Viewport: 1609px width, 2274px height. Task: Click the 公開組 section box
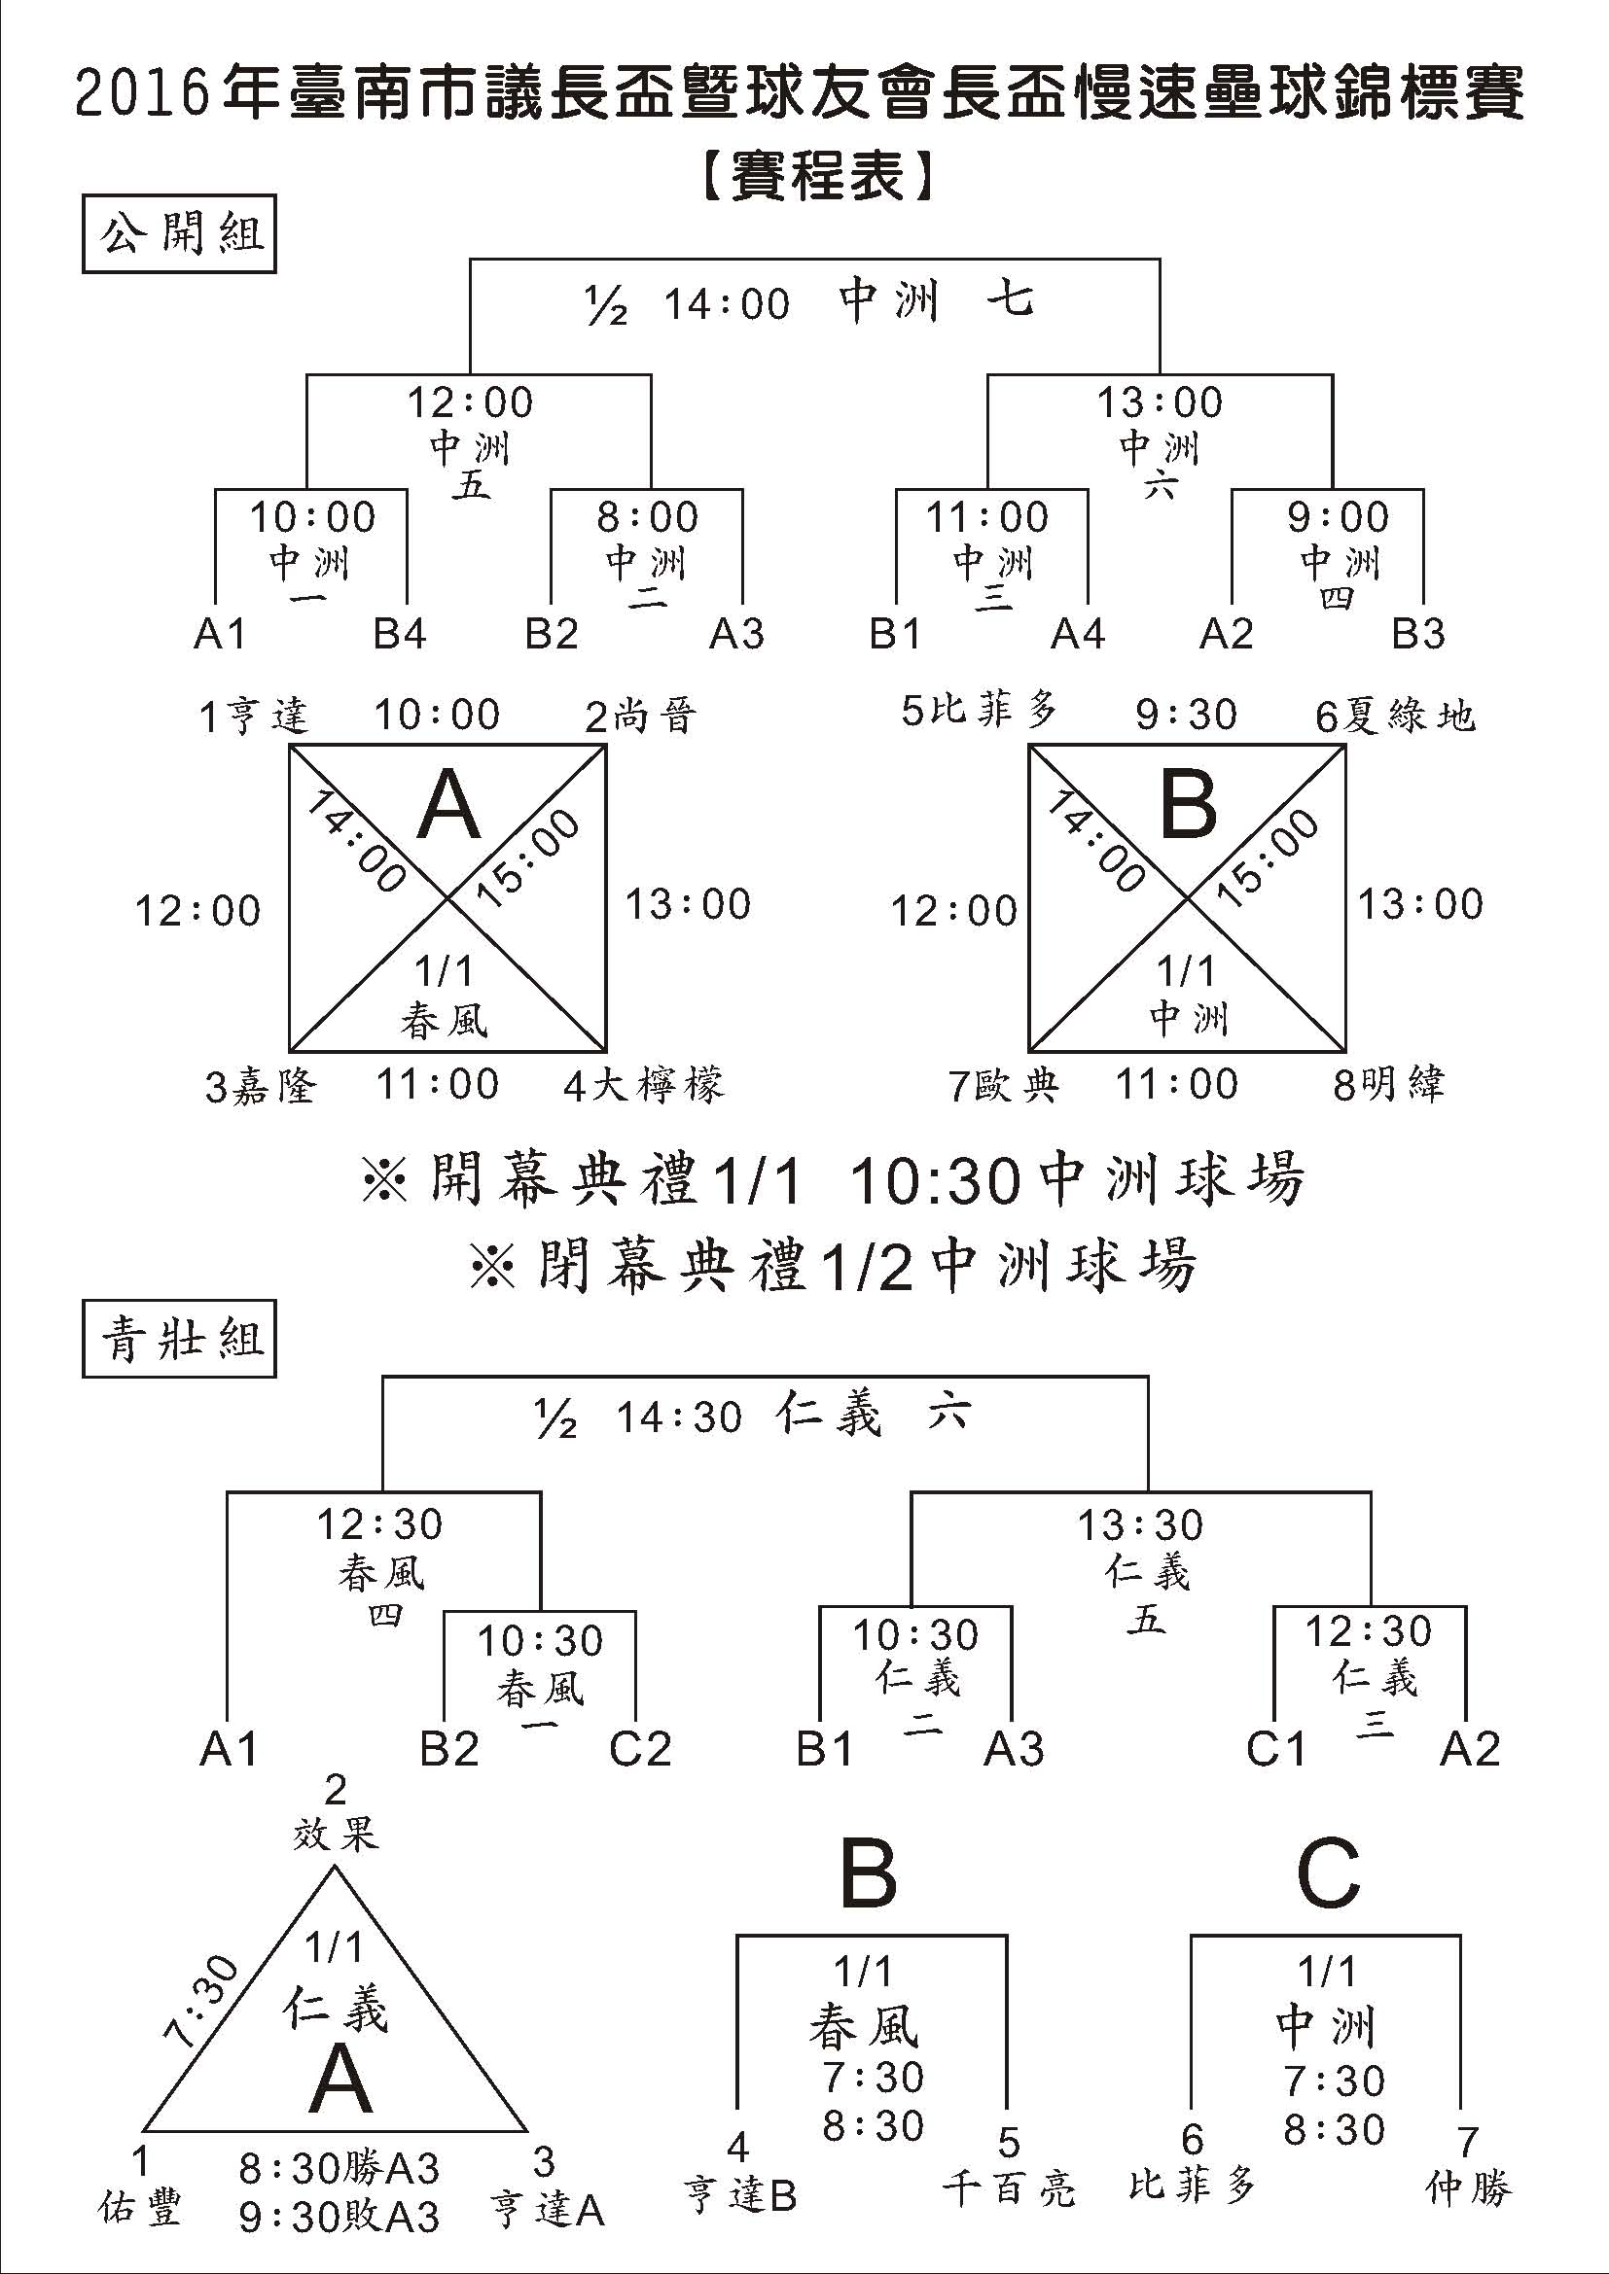click(178, 235)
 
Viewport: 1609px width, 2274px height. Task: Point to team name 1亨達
click(254, 716)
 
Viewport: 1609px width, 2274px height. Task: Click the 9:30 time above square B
click(1186, 715)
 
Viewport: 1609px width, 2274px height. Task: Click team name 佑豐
click(141, 2208)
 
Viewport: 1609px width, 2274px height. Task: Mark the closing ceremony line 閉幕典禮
click(833, 1266)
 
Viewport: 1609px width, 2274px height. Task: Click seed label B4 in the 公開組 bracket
click(399, 634)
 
